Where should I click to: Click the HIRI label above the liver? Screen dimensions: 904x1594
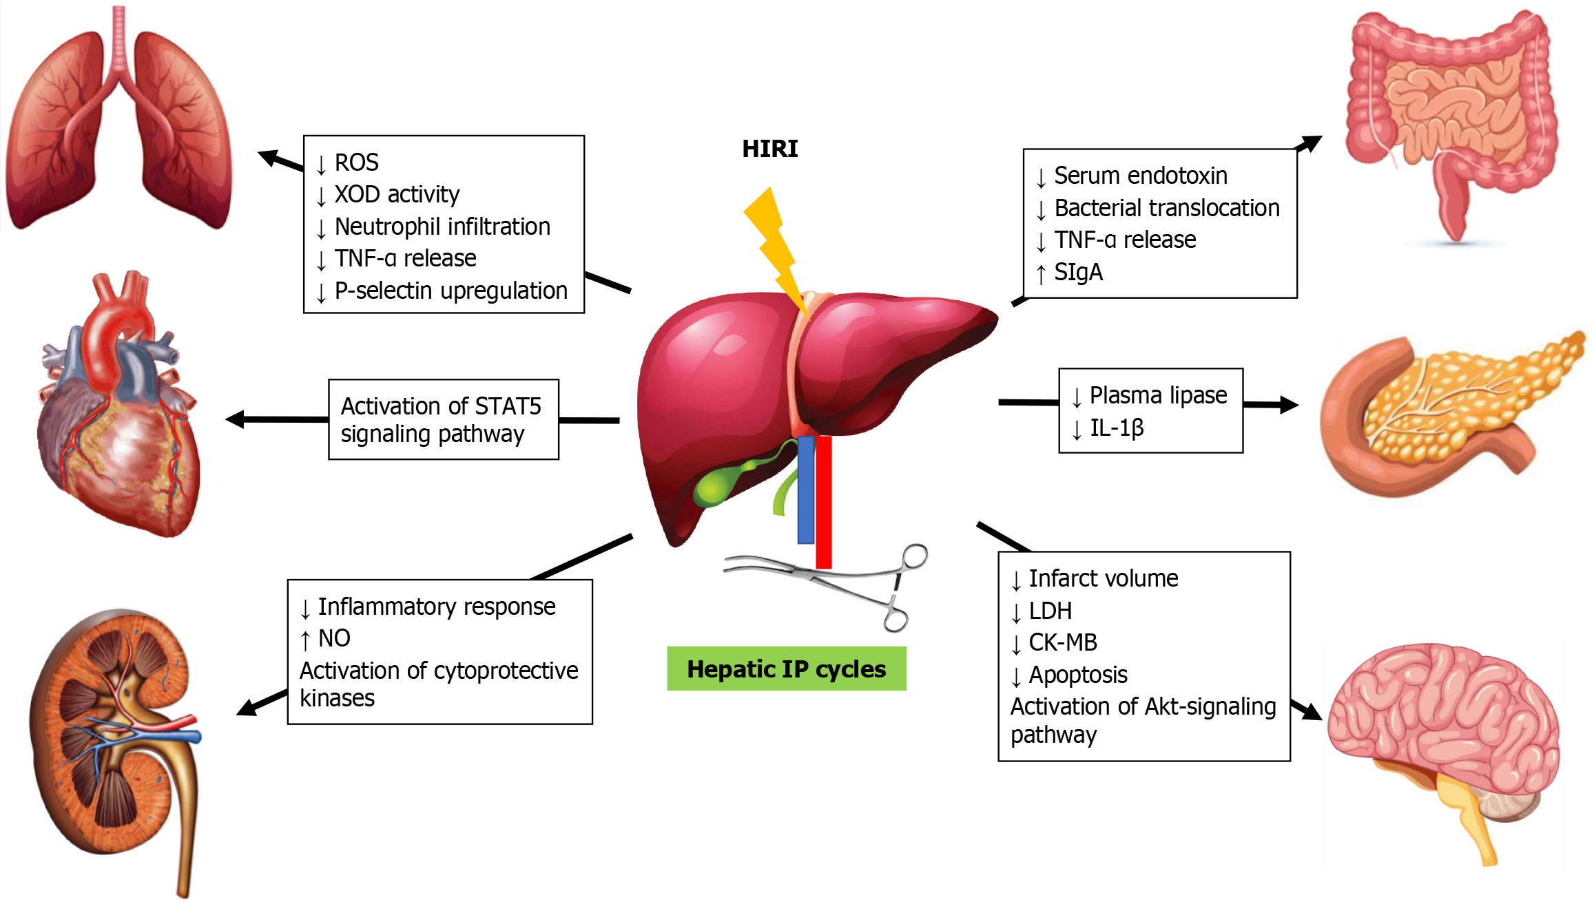[x=769, y=149]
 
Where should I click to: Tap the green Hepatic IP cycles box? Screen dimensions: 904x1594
[x=786, y=669]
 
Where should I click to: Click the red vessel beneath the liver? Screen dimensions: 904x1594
[x=824, y=503]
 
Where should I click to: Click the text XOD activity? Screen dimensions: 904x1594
[x=397, y=195]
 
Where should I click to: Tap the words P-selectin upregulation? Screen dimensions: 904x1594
[x=451, y=291]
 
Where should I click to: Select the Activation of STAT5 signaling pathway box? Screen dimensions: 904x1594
[x=443, y=419]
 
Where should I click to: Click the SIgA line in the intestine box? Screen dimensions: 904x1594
[x=1078, y=273]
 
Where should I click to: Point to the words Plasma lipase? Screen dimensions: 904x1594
[x=1158, y=395]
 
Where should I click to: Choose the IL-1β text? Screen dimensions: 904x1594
[x=1117, y=428]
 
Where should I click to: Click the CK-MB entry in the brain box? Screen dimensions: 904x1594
[x=1062, y=642]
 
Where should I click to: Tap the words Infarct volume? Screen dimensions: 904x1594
[x=1103, y=578]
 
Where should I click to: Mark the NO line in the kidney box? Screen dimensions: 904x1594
[x=334, y=638]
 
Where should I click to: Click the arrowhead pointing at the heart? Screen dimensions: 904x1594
[x=236, y=419]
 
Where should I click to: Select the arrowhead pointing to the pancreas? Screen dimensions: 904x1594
[x=1288, y=405]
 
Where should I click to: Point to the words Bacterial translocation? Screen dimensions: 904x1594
[x=1166, y=208]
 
